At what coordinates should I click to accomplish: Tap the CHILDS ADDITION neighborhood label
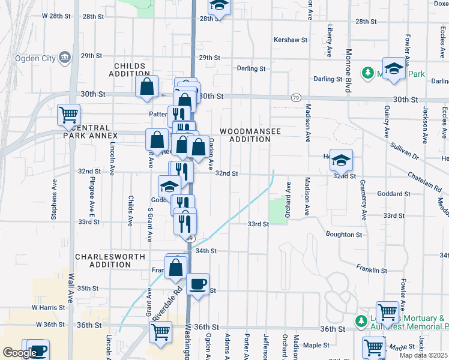(128, 70)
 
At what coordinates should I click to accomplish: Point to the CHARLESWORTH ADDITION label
(110, 260)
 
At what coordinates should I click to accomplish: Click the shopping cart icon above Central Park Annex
(69, 114)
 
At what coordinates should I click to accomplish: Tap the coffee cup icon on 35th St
(197, 284)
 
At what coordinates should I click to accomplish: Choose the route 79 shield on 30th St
(295, 97)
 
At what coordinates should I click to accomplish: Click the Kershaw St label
(291, 40)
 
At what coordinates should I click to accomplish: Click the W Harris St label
(49, 307)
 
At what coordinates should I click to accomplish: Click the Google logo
(20, 353)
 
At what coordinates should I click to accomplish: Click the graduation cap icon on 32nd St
(341, 160)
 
